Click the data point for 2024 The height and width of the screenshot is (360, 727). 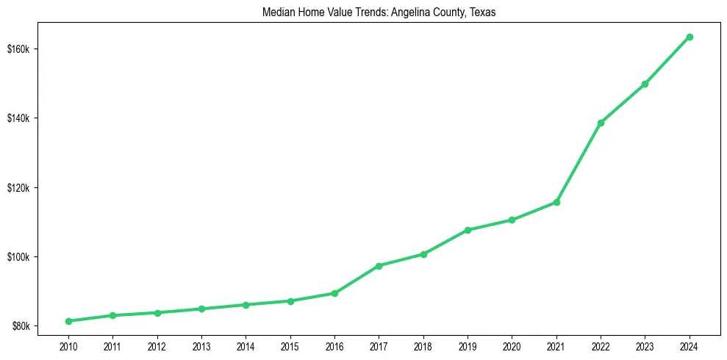coord(690,37)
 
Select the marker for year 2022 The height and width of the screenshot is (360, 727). coord(601,123)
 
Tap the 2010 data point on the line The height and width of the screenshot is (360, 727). coord(68,321)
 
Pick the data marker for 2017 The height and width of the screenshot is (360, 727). coord(379,266)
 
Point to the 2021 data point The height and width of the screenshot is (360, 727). coord(556,202)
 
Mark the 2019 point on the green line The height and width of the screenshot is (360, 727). coord(468,230)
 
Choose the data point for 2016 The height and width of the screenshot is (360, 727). coord(334,293)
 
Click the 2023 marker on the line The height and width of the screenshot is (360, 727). coord(645,84)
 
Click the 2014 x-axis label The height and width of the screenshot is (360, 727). coord(246,345)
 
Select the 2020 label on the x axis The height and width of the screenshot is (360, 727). coord(512,345)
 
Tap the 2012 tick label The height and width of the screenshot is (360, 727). coord(157,345)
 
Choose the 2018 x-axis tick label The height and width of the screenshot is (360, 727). coord(423,345)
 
